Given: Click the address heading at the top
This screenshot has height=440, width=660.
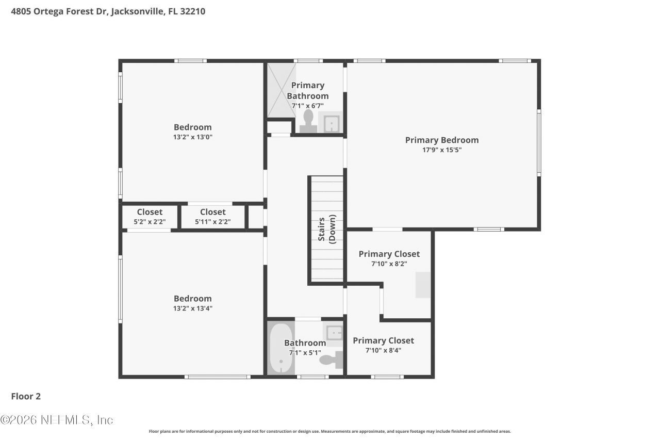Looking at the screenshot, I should pos(108,11).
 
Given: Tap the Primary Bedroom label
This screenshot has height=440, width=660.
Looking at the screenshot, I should pos(441,140).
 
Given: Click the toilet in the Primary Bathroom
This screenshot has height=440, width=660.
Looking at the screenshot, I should pos(308,122).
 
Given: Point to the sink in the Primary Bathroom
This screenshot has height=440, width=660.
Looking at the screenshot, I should pos(331,123).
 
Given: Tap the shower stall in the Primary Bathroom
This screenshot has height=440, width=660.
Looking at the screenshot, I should pos(281,90).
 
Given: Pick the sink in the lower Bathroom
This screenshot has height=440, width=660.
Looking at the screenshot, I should pos(334,333).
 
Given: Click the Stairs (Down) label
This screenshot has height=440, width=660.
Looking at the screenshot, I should pos(327,229).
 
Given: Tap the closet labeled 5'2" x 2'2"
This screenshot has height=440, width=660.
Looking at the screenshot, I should pos(150,217).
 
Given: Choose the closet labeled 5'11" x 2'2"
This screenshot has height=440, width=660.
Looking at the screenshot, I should pos(212,217).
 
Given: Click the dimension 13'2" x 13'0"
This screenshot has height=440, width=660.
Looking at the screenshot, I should pos(193,137).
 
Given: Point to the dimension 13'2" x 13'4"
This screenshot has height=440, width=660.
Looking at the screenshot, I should pos(193,308).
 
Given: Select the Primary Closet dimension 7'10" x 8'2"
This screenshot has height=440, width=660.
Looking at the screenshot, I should pos(389,264).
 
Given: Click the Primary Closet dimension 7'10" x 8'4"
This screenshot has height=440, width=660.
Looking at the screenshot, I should pos(383,350).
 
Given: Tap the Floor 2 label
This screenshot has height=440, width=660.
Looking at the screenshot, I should pos(26,396).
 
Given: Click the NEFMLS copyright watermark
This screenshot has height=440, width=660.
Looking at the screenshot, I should pos(57,420).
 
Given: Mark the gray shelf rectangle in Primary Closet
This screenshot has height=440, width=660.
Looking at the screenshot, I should pos(423,285).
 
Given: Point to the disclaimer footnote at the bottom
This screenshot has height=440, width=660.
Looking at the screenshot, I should pos(330,431).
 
